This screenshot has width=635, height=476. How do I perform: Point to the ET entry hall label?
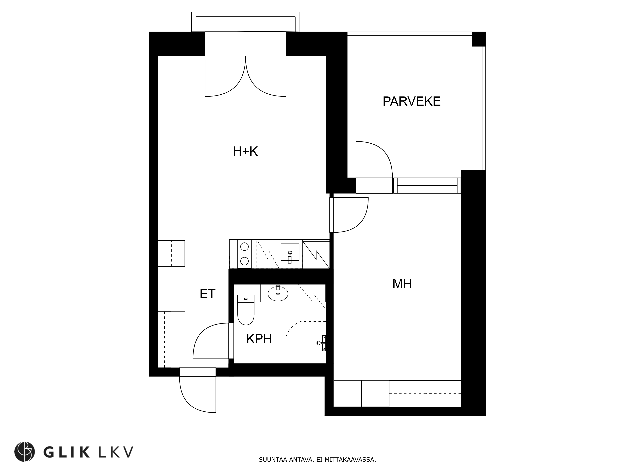click(207, 294)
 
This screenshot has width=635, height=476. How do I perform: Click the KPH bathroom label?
click(259, 339)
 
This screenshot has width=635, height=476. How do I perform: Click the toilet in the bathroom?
click(246, 310)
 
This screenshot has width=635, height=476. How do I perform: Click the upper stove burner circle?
click(244, 246)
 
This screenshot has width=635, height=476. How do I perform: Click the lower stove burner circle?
click(244, 261)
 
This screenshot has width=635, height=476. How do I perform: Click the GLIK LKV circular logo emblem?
click(25, 452)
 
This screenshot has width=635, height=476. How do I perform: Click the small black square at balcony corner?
click(479, 39)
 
